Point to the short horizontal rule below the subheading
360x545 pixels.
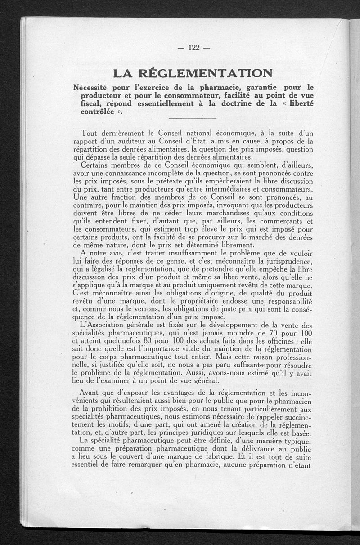coord(192,118)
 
